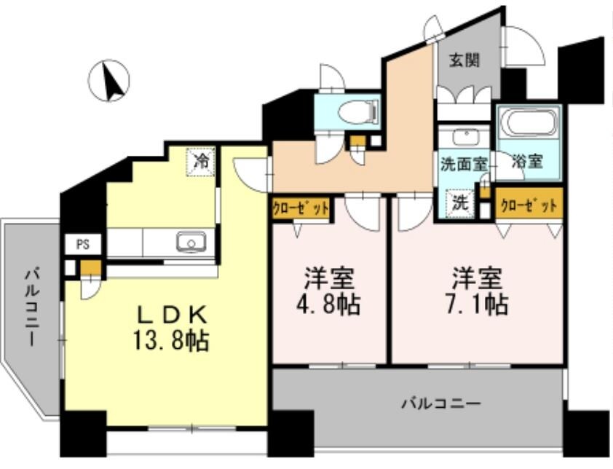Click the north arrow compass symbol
click(109, 81)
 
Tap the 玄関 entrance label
click(464, 60)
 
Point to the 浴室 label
click(528, 162)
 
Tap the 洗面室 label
click(463, 163)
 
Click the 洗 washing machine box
click(459, 204)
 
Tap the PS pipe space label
click(83, 244)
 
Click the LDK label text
click(175, 315)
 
